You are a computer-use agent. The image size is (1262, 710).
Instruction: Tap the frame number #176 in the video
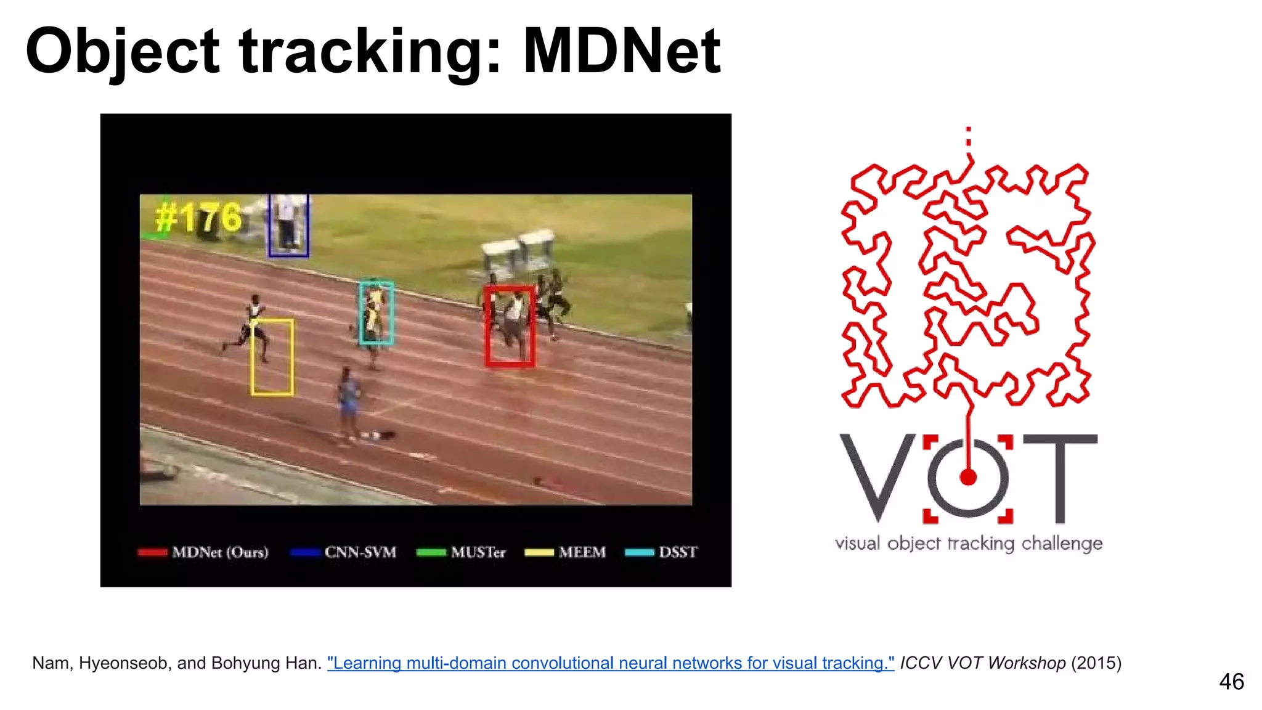198,218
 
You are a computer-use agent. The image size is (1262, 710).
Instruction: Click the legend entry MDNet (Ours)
220,552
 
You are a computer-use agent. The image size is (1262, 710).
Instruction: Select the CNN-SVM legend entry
360,552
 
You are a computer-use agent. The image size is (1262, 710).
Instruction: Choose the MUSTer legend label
478,552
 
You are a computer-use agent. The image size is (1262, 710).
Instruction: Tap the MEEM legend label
582,552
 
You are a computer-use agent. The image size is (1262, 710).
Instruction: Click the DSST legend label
677,552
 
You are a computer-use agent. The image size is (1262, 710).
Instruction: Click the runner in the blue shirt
349,401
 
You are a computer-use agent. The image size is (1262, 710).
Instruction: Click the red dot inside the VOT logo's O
968,477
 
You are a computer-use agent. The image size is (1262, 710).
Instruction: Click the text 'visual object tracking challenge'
968,543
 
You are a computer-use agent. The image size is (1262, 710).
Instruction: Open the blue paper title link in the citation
610,663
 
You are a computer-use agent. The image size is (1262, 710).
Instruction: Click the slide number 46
1231,682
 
